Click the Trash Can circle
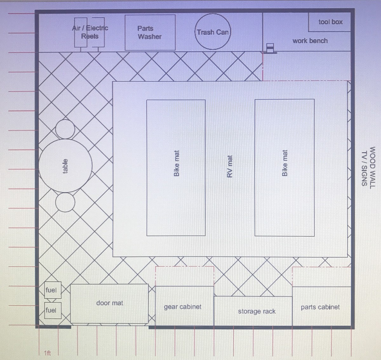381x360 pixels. [x=212, y=31]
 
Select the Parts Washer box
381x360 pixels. [x=150, y=32]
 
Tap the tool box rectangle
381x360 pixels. [x=330, y=22]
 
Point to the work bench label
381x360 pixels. [x=310, y=41]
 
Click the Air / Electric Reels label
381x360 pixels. [x=90, y=32]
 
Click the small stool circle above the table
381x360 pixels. [x=65, y=129]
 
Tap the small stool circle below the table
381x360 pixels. [x=65, y=202]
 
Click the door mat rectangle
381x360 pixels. [x=109, y=303]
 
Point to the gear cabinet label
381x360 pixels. [x=183, y=307]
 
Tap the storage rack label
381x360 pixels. [x=257, y=311]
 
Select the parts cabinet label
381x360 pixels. [x=320, y=307]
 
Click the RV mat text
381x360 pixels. [x=230, y=166]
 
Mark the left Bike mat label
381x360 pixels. [x=177, y=163]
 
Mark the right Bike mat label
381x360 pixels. [x=284, y=163]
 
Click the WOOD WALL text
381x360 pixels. [x=372, y=167]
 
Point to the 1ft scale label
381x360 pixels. [x=47, y=353]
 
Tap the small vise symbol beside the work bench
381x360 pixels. [x=270, y=48]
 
